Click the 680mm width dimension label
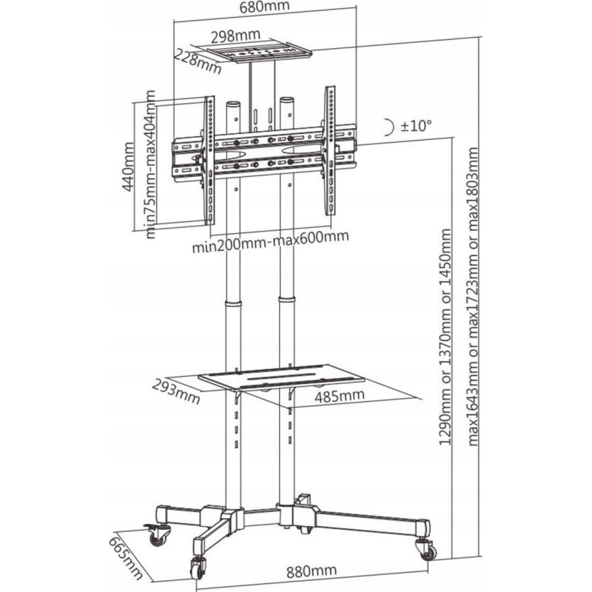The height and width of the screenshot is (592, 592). click(x=264, y=7)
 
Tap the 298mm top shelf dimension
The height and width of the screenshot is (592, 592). click(x=235, y=36)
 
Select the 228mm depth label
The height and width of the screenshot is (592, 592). click(x=197, y=62)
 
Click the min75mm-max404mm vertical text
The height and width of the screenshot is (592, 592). click(x=150, y=164)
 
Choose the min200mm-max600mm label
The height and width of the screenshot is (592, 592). click(x=270, y=241)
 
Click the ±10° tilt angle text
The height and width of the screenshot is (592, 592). click(x=416, y=125)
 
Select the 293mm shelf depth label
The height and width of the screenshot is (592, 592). click(x=176, y=391)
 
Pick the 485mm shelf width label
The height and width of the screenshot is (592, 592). click(x=340, y=396)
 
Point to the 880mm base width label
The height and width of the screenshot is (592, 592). click(x=311, y=571)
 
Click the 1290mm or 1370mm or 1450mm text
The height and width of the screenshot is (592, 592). click(x=445, y=337)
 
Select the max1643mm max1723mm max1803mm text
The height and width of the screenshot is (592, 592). click(x=473, y=297)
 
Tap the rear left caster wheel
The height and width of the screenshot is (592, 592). click(x=157, y=535)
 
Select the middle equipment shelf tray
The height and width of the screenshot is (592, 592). click(x=282, y=378)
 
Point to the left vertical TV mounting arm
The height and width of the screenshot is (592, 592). click(x=209, y=161)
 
